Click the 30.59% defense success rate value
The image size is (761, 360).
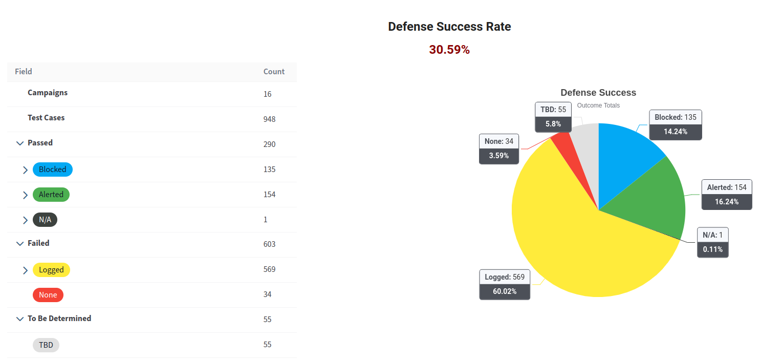point(449,50)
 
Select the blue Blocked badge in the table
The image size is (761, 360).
point(53,170)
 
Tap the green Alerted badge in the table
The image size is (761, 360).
point(51,195)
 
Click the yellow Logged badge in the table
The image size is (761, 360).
point(51,270)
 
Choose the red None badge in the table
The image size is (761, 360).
point(48,295)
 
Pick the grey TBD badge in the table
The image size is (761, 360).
point(46,345)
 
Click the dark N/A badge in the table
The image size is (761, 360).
point(45,220)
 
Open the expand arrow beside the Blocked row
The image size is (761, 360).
point(25,170)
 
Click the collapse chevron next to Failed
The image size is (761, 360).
point(20,244)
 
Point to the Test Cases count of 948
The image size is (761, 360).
point(269,119)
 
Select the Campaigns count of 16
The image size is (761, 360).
point(267,94)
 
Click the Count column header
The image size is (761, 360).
point(274,72)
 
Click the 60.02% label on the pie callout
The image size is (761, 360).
point(505,291)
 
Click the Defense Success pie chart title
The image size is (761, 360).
point(598,93)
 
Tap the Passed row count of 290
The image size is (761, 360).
point(269,144)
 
